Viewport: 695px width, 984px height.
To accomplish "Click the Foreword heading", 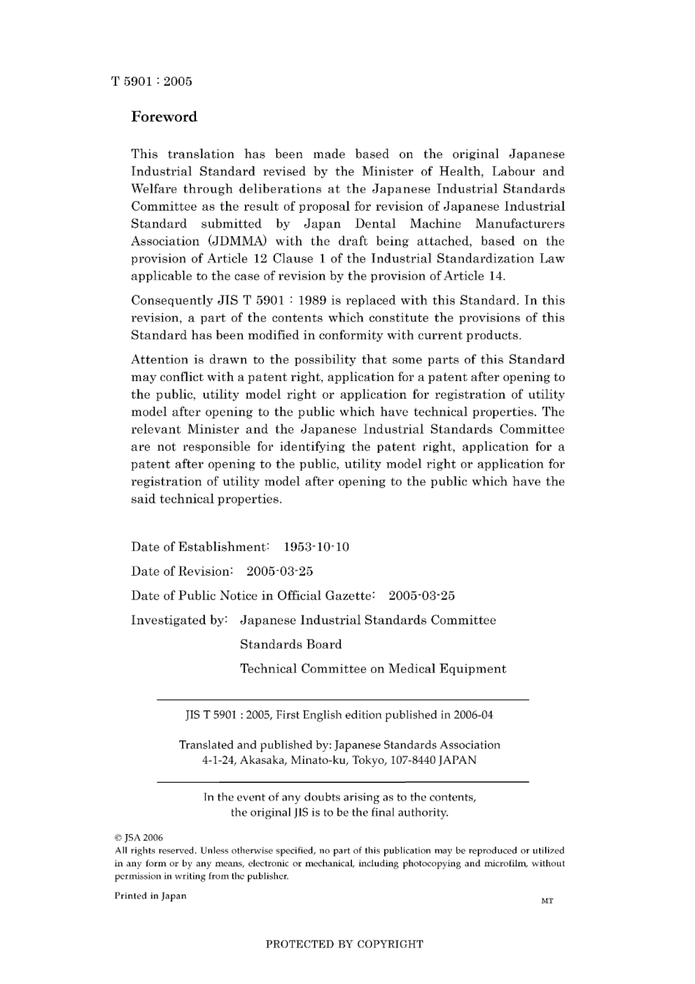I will tap(164, 117).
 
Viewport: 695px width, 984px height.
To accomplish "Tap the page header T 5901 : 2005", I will tap(151, 81).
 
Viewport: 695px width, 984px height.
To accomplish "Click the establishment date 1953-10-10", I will tap(316, 547).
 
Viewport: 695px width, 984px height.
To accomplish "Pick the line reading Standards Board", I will tap(290, 645).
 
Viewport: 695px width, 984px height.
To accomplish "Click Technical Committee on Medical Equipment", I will tap(372, 669).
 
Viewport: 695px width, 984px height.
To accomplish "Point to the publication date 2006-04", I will tap(473, 715).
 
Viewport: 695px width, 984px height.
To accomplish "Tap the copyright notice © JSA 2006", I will tap(138, 838).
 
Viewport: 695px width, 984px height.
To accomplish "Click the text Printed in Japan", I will tap(150, 895).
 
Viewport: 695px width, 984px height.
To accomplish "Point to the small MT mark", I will tap(546, 901).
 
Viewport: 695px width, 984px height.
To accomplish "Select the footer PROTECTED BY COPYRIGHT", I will tap(344, 944).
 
